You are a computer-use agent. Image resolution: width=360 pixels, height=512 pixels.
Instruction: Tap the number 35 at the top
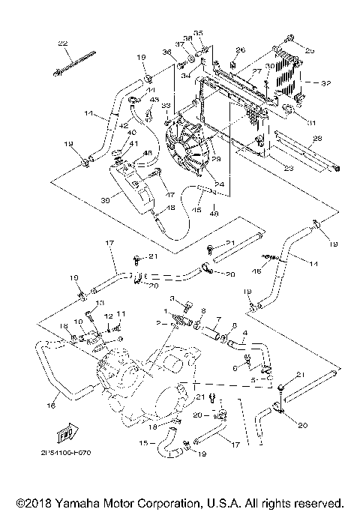(x=199, y=33)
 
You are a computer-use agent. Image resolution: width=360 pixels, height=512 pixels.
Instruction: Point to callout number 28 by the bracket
(x=316, y=139)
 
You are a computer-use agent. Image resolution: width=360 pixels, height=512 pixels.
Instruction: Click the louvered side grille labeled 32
(x=286, y=77)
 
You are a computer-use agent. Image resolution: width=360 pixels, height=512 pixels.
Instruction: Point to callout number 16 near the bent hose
(x=51, y=406)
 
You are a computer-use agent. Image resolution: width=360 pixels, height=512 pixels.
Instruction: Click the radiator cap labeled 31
(x=286, y=114)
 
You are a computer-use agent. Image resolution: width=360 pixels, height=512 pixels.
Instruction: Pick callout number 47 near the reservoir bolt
(x=171, y=194)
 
